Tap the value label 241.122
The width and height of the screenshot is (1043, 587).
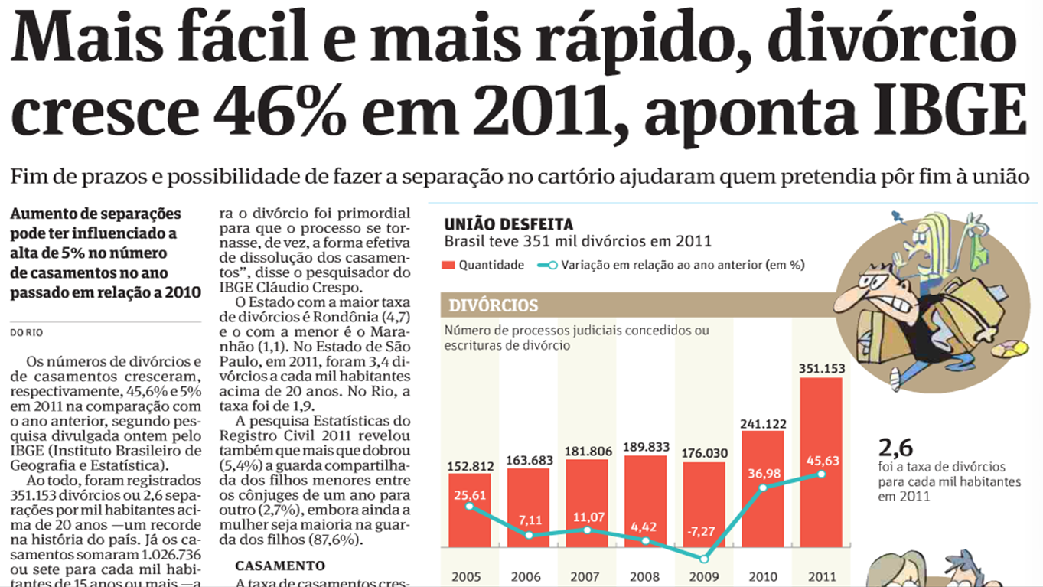point(763,422)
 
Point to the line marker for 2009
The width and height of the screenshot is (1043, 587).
point(705,559)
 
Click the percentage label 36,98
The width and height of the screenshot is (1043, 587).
point(763,474)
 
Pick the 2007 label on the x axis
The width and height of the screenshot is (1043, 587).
point(586,576)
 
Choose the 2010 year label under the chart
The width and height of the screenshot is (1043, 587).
point(763,576)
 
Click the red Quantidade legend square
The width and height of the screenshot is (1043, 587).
point(449,266)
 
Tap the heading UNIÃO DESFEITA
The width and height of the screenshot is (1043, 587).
point(508,224)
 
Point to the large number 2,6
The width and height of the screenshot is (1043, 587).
point(896,448)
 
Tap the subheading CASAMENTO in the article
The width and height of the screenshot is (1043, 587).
point(279,566)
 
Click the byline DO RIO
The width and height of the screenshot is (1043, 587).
point(27,332)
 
